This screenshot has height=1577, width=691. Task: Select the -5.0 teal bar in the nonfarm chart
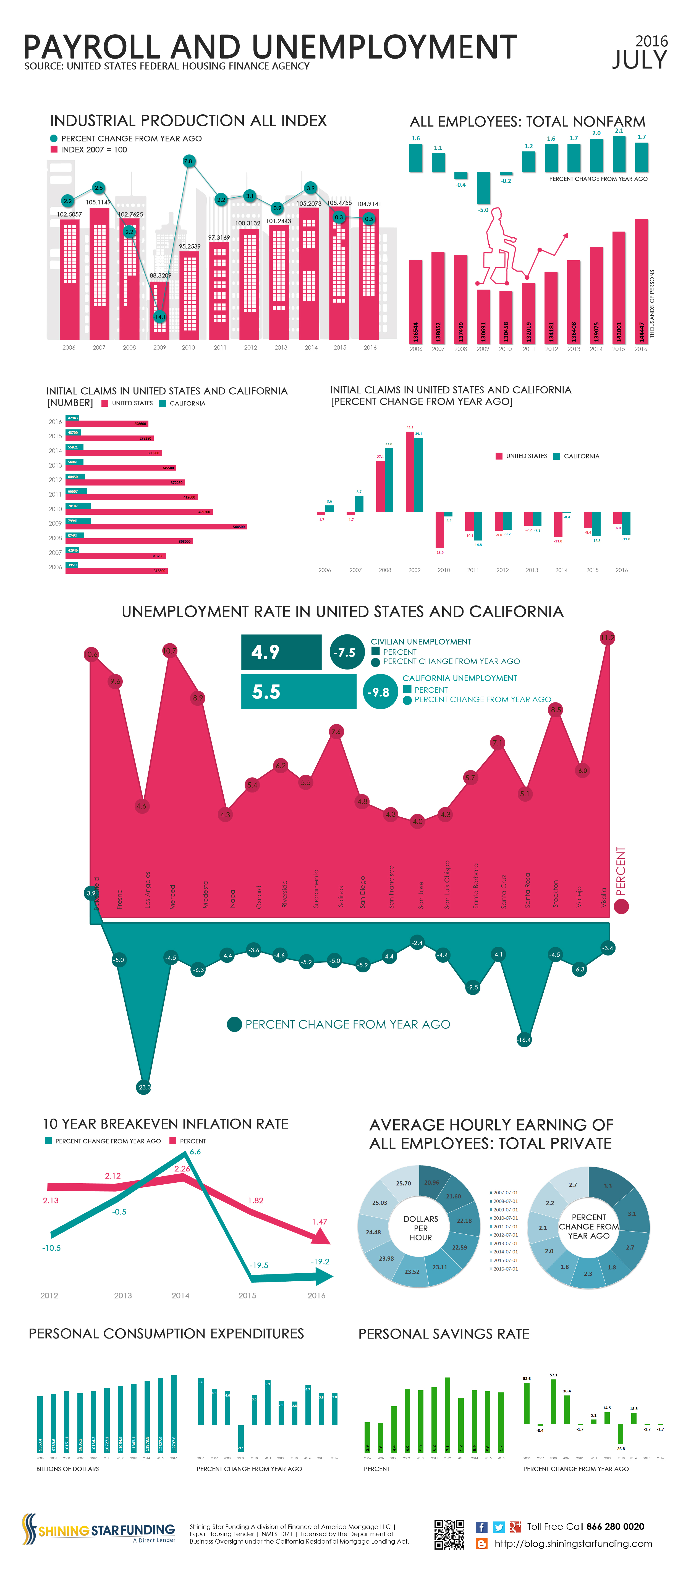point(483,187)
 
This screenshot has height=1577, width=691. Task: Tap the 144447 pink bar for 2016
point(641,282)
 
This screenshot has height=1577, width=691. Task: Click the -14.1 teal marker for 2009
point(159,316)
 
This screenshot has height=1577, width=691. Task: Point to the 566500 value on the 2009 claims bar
point(239,526)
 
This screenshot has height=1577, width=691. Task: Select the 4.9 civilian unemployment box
point(281,652)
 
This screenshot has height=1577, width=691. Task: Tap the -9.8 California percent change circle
point(380,692)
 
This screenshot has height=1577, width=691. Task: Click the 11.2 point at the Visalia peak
point(607,638)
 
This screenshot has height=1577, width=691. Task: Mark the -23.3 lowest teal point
point(143,1087)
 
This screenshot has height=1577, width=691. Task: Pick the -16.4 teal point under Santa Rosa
point(524,1040)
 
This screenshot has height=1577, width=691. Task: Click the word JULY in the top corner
point(640,60)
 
